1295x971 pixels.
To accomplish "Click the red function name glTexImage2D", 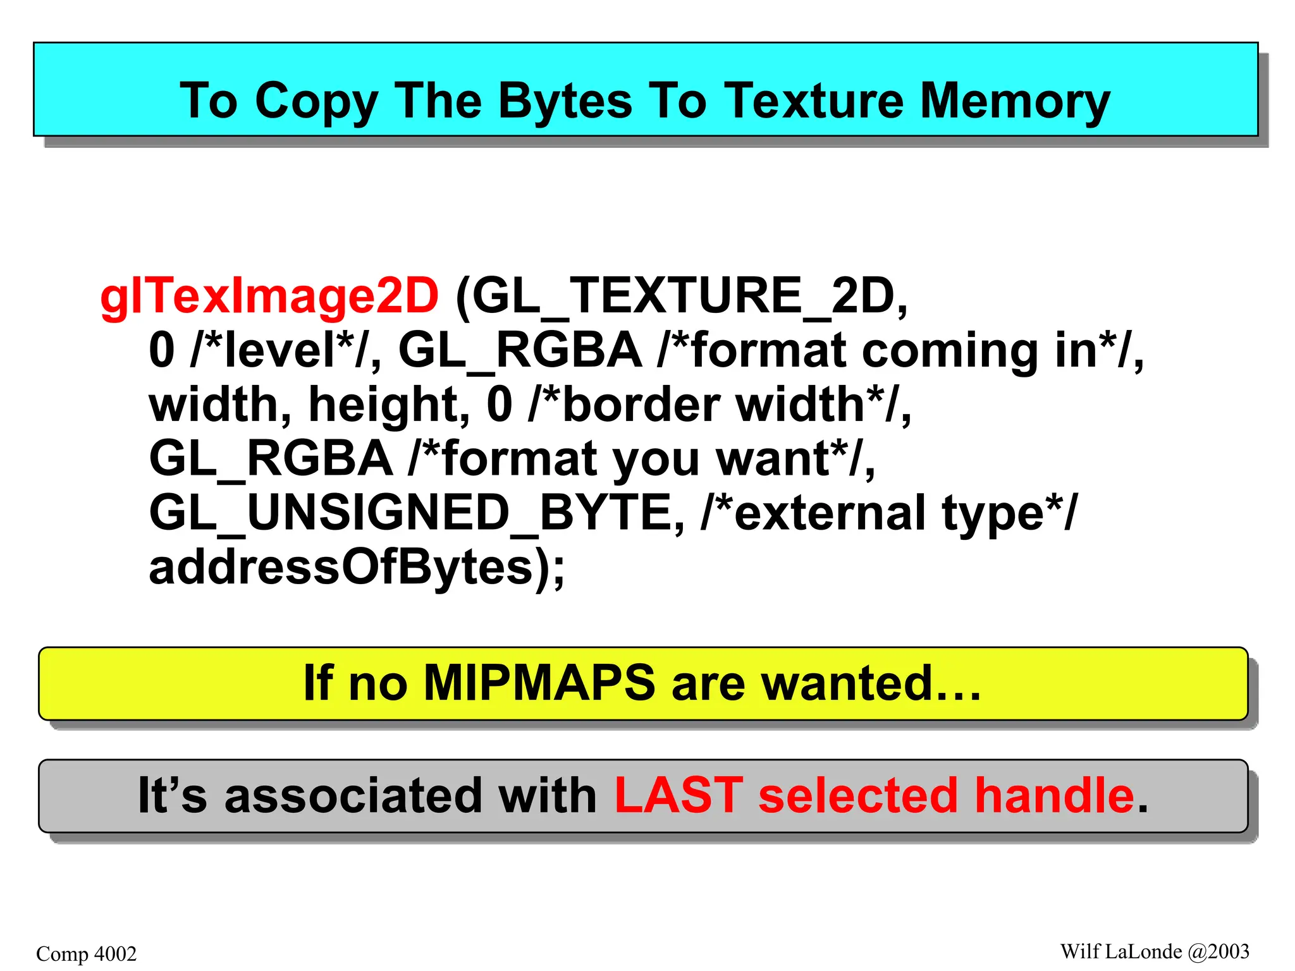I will point(269,296).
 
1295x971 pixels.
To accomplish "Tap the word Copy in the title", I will point(316,101).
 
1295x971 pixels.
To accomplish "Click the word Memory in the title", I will point(1014,101).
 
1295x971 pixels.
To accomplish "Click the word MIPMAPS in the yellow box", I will point(539,683).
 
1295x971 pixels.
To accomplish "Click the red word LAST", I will point(678,795).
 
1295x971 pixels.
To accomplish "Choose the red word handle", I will point(1054,795).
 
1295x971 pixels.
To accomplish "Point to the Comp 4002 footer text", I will point(87,953).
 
